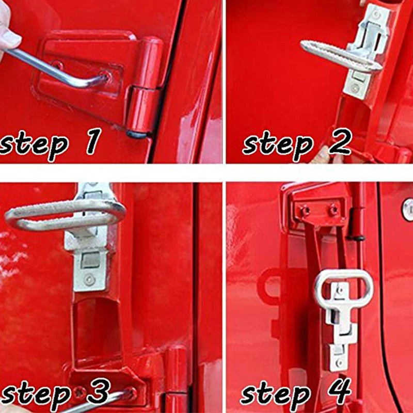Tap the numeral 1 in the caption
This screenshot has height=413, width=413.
(94, 141)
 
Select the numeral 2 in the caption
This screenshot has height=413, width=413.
(340, 141)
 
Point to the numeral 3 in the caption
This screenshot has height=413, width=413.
(99, 392)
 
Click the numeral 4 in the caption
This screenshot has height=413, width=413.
(341, 391)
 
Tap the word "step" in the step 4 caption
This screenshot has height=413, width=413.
(275, 395)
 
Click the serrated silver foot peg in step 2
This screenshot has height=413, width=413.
(341, 57)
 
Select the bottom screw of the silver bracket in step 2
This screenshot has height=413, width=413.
(355, 88)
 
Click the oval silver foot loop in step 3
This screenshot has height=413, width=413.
(65, 215)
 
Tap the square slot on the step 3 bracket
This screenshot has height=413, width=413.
(90, 260)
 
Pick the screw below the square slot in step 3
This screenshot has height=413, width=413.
(89, 280)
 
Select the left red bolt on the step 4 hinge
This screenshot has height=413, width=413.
(305, 211)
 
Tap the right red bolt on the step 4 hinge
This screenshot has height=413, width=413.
(333, 210)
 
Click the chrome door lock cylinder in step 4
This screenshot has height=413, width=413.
(408, 210)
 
